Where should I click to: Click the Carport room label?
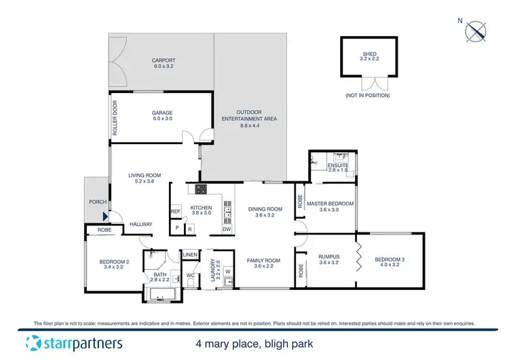[163, 61]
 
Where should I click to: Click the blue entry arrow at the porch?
[105, 217]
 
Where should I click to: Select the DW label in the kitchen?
[227, 229]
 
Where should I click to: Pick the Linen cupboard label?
[190, 255]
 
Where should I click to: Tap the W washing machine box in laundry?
[227, 273]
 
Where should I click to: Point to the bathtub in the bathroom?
[162, 295]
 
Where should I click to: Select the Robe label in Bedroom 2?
[104, 230]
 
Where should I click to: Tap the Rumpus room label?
[328, 257]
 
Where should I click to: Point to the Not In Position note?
[367, 96]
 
